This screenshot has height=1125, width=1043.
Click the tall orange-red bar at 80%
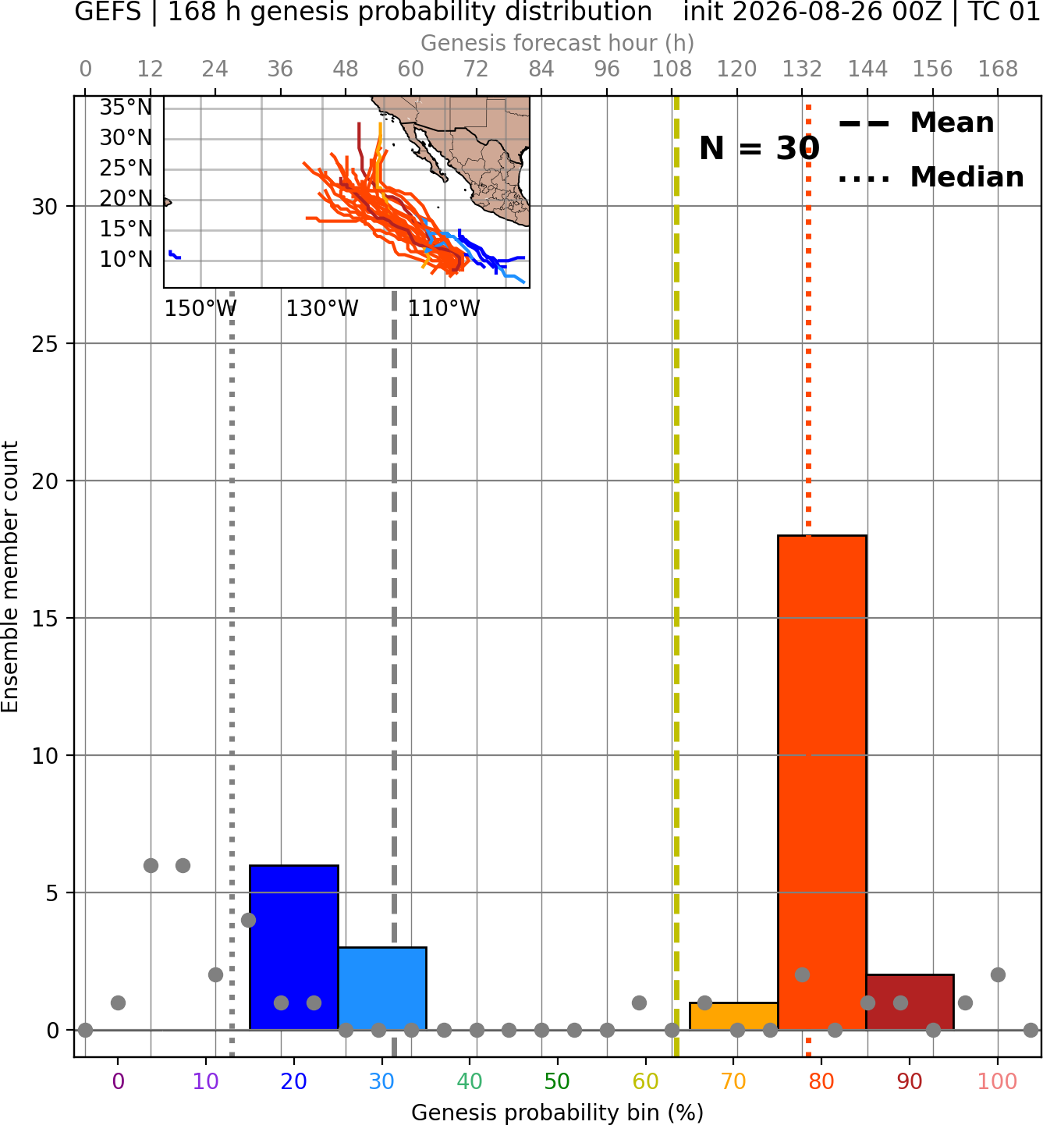tap(821, 782)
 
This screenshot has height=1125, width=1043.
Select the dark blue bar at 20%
tap(293, 947)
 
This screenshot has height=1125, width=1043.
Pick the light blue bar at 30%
tap(381, 988)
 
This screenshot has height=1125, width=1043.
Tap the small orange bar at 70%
tap(733, 1017)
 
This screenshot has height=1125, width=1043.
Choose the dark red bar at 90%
tap(910, 1003)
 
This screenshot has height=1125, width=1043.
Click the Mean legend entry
tap(916, 123)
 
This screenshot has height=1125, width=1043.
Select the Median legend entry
tap(931, 177)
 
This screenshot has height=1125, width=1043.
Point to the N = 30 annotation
tap(759, 148)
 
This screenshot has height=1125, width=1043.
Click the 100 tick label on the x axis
tap(997, 1081)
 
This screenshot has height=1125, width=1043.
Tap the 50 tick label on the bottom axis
tap(557, 1081)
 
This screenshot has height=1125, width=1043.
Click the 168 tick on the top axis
tap(998, 69)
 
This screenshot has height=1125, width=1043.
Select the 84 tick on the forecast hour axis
tap(541, 69)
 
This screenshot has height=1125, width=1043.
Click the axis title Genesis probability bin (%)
tap(557, 1113)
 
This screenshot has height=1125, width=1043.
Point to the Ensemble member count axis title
tap(9, 576)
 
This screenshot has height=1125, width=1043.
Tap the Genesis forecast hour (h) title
tap(557, 43)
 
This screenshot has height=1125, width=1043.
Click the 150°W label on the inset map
tap(200, 309)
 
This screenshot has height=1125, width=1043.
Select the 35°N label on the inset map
tap(126, 107)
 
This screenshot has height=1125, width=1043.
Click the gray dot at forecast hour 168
tap(998, 975)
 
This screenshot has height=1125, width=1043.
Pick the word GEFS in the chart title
tap(108, 12)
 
